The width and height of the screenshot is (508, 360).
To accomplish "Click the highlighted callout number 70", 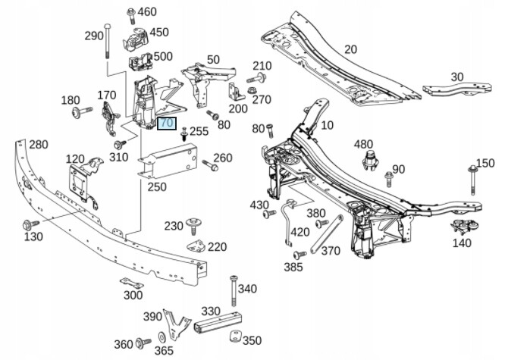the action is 167,124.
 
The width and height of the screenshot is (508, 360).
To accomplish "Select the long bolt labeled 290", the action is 107,41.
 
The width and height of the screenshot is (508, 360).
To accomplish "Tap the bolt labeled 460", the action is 131,16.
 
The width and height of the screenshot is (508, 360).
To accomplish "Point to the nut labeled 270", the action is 251,89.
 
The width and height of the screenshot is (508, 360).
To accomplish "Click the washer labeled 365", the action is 161,337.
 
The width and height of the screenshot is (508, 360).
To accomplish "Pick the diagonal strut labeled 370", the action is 327,233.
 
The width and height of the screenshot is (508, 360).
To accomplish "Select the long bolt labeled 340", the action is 234,291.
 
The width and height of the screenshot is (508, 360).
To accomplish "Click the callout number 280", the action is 39,145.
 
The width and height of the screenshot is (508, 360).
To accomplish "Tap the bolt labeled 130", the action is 31,224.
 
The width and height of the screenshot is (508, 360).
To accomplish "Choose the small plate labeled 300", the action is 131,283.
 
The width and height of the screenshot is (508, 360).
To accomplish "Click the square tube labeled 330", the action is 218,321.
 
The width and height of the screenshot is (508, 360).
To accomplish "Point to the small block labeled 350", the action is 235,336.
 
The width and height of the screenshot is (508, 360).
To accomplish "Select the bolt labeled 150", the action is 472,180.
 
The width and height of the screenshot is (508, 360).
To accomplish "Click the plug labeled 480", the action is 370,160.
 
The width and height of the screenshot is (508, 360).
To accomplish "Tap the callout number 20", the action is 350,49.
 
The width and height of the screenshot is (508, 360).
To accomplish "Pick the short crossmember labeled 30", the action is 457,89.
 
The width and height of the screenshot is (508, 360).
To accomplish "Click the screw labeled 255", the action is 184,133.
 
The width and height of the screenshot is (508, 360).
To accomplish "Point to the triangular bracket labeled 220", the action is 196,246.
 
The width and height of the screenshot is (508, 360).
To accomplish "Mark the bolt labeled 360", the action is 143,343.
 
